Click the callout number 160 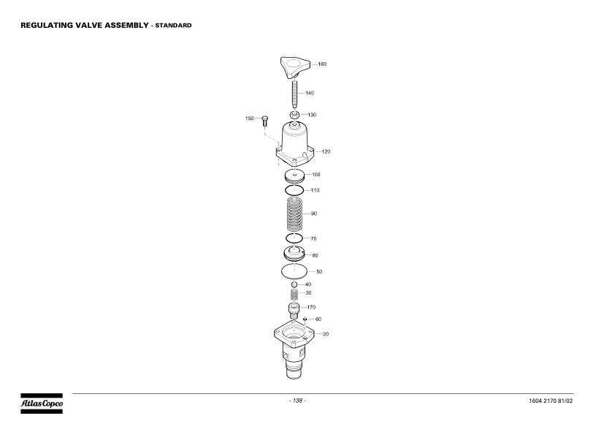coord(322,64)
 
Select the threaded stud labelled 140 coord(294,94)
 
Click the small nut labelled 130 coord(294,115)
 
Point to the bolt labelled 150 coord(265,120)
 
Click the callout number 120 coord(326,151)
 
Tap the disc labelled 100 coord(294,176)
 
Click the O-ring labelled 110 coord(294,190)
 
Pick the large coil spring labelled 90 coord(294,214)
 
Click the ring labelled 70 coord(294,238)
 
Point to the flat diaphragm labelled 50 coord(294,272)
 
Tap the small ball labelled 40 coord(294,284)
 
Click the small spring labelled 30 coord(294,294)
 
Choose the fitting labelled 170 coord(294,309)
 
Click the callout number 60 coord(318,319)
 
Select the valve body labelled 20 coord(294,347)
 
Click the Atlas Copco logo coord(41,404)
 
